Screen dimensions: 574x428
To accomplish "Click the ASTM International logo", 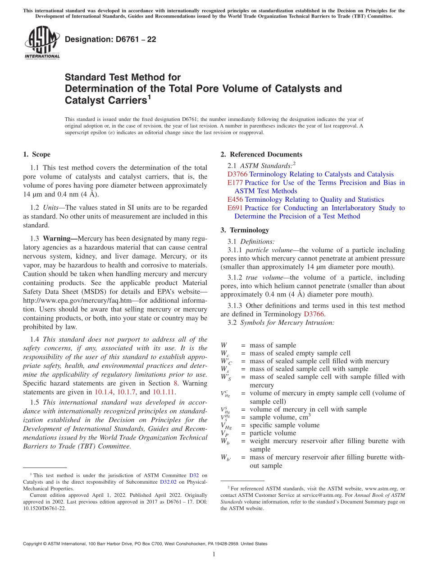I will tap(42, 42).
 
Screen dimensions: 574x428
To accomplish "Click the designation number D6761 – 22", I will tap(110, 39).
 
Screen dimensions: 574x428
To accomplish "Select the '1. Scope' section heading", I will tap(36, 154).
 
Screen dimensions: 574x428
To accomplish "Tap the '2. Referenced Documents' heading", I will tap(261, 154).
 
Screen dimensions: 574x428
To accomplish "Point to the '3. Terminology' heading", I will tap(245, 230).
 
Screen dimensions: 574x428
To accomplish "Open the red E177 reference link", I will tap(235, 183).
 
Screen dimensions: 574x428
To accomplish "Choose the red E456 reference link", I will tap(235, 199).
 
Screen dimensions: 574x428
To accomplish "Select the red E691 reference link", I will tap(235, 208).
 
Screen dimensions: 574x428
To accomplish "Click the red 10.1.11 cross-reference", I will tap(162, 392).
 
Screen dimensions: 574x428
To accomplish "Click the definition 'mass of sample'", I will tap(273, 346).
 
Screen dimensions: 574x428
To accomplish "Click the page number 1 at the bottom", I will tap(214, 555).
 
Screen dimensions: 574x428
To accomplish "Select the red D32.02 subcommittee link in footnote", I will tap(168, 482).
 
